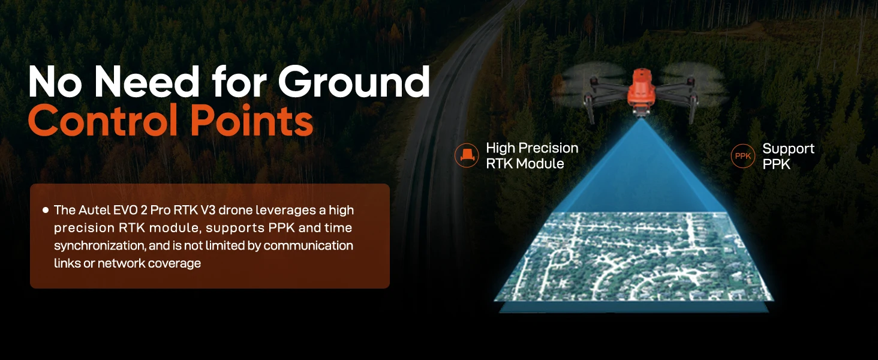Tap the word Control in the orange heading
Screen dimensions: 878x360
103,119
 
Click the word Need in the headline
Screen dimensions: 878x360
146,82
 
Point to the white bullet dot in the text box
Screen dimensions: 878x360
46,210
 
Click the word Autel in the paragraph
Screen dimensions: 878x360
94,210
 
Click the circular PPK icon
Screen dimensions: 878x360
743,156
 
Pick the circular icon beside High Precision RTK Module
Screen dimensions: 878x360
467,155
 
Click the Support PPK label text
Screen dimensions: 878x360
788,156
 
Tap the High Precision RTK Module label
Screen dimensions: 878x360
532,155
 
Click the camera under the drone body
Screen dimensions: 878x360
641,112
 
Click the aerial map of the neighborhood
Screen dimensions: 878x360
633,256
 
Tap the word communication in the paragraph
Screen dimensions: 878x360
308,246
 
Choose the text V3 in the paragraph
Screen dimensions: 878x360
208,210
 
